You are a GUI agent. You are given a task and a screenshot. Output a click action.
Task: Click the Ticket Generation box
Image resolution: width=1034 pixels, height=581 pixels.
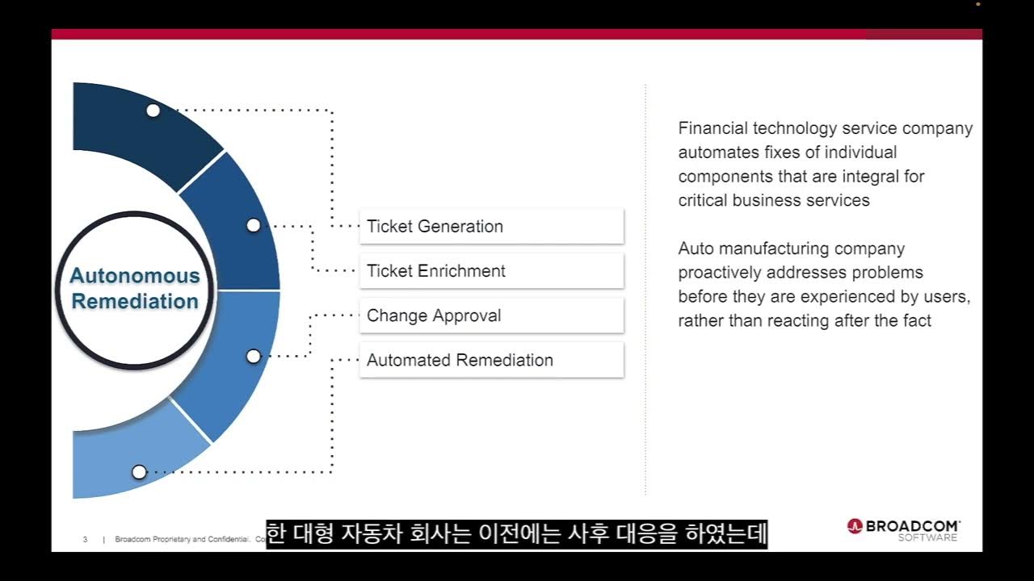(491, 227)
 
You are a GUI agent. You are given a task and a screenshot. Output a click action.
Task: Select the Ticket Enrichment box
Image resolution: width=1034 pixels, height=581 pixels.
(491, 271)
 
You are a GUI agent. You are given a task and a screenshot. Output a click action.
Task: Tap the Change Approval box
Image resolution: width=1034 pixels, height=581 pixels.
(491, 316)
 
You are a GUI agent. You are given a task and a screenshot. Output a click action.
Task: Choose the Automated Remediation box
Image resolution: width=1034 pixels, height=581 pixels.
(491, 360)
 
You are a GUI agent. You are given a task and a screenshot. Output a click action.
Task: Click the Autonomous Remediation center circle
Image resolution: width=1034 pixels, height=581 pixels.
(134, 288)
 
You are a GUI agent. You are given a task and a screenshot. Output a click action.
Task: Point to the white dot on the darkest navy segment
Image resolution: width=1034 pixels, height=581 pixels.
(153, 111)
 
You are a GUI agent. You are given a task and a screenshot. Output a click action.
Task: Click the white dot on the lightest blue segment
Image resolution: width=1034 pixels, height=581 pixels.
(139, 471)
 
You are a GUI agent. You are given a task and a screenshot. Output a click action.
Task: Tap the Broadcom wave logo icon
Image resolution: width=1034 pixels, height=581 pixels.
(855, 526)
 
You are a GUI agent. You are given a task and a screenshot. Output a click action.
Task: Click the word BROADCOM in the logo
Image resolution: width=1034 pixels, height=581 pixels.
(913, 526)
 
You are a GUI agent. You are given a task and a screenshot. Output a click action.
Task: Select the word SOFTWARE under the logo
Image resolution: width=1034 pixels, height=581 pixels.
(928, 538)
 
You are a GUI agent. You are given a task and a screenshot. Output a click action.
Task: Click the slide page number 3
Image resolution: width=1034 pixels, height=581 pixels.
(85, 539)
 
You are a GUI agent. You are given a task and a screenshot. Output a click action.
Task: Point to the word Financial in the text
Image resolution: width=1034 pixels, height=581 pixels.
(712, 128)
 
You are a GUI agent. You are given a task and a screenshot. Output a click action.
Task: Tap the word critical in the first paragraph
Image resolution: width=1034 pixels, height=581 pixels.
(703, 200)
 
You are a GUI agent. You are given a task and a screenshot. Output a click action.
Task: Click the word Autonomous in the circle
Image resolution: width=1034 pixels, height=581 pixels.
(134, 276)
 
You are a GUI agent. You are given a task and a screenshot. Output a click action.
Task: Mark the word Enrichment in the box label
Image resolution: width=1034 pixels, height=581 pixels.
(460, 271)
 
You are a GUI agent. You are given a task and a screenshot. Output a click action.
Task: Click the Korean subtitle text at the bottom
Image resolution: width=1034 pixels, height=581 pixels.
(516, 534)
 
